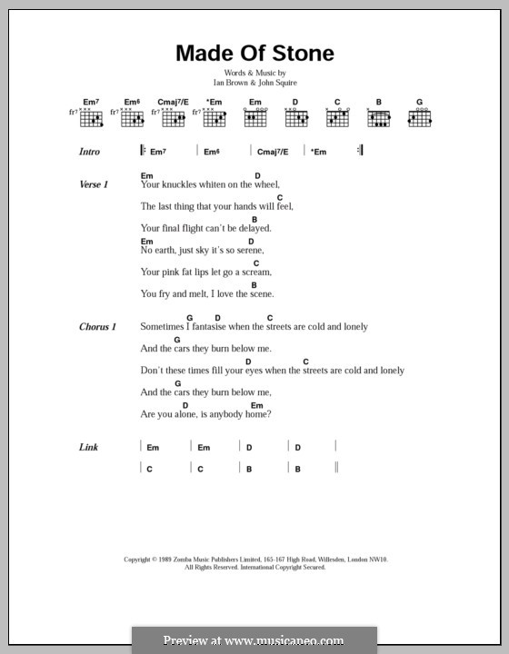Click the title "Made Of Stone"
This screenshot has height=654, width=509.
[254, 54]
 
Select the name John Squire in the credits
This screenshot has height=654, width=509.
[278, 83]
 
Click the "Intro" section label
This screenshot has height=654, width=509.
[89, 152]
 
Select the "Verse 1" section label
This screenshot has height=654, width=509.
[94, 184]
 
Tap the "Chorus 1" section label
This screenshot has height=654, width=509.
[97, 327]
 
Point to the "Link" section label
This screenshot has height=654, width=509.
[88, 447]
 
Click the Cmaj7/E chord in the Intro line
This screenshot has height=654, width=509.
[272, 152]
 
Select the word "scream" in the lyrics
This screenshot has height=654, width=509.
[254, 272]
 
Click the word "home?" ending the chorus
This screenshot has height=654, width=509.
[258, 414]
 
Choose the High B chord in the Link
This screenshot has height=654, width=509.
[303, 469]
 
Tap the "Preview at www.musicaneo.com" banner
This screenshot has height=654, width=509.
[254, 639]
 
